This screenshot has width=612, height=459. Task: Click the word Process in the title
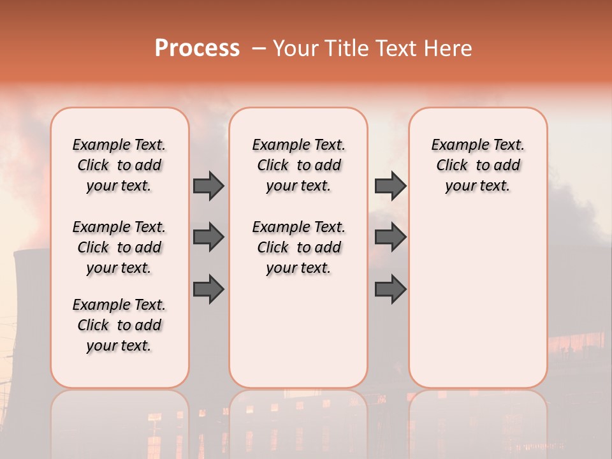tap(197, 48)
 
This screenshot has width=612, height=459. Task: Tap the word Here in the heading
tap(449, 48)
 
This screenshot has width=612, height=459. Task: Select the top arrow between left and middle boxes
tap(208, 186)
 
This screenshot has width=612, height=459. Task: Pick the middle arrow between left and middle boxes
tap(208, 237)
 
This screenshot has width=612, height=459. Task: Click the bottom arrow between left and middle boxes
tap(208, 289)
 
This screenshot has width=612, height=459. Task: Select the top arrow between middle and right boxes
tap(390, 186)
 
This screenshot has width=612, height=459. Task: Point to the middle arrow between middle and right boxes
tap(390, 237)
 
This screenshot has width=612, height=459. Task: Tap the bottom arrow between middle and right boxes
tap(390, 289)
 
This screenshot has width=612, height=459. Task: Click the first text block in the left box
tap(119, 165)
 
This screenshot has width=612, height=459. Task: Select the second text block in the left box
tap(119, 247)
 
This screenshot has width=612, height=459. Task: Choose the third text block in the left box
tap(119, 325)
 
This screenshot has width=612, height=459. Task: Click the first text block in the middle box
tap(298, 165)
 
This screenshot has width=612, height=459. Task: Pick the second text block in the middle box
tap(298, 247)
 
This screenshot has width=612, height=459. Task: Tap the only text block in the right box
tap(477, 165)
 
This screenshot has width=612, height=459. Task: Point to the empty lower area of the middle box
tap(298, 331)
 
